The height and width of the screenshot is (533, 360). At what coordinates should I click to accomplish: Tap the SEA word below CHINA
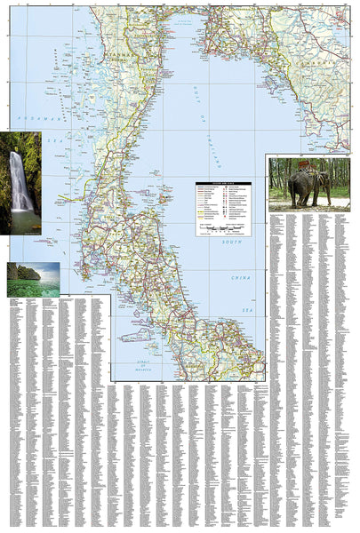click(x=249, y=307)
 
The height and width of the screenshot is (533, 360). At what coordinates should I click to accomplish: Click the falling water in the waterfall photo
click(x=20, y=182)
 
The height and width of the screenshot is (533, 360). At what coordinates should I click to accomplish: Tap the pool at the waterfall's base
click(x=21, y=221)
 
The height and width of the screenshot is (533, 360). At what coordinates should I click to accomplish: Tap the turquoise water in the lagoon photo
click(x=36, y=288)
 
